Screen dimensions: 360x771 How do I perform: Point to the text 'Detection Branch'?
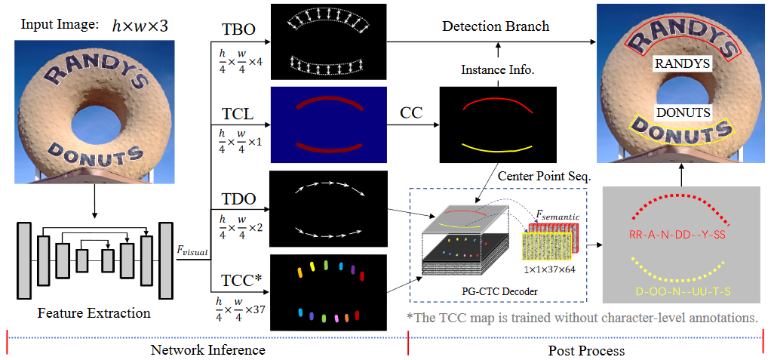(x=496, y=26)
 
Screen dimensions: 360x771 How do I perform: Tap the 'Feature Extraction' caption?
(x=93, y=312)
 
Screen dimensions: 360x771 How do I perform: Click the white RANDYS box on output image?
(x=682, y=64)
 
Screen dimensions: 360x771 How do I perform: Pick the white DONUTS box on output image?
(x=682, y=112)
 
